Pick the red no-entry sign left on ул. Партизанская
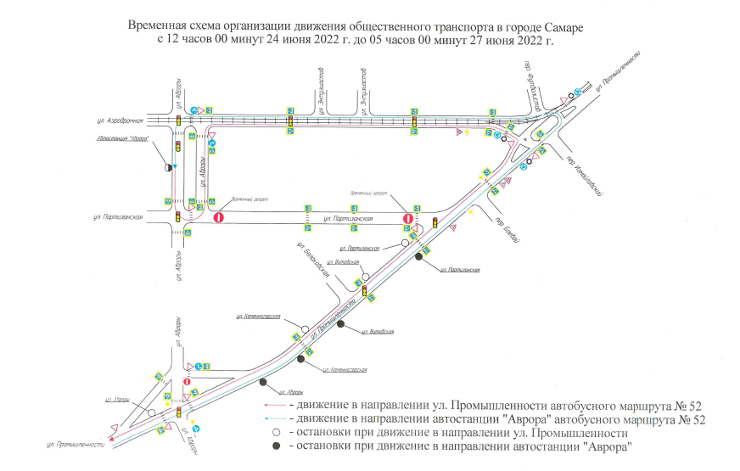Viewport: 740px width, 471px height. tap(218, 217)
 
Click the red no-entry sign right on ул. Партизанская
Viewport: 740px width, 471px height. tap(408, 219)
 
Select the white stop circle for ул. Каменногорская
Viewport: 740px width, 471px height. tap(304, 328)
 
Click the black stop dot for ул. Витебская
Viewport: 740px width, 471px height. tap(340, 323)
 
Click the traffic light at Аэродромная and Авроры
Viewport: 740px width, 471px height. tap(178, 121)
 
